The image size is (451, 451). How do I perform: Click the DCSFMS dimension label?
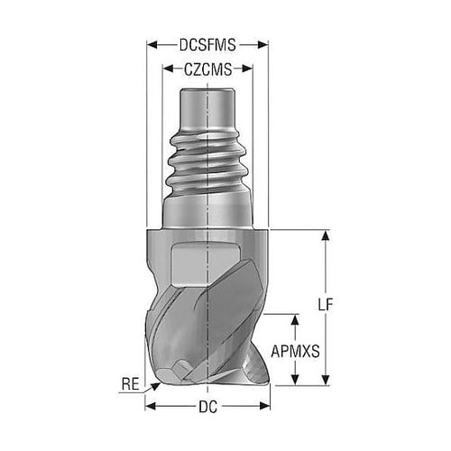(207, 45)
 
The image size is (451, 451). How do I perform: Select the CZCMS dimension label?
(208, 69)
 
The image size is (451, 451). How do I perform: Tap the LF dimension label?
(326, 305)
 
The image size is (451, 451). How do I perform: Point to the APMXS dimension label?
(295, 351)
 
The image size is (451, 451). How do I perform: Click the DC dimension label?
(207, 407)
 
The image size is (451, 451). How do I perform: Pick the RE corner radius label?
(131, 384)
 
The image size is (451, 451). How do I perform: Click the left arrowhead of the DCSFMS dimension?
(152, 45)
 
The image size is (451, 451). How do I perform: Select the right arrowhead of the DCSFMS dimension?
(263, 45)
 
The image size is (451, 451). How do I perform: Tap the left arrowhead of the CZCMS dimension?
(168, 69)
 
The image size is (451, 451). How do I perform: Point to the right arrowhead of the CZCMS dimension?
(247, 69)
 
